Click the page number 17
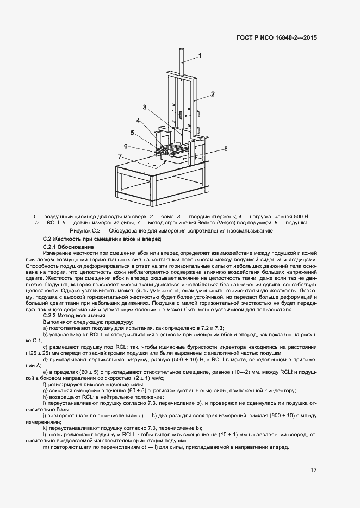point(313,470)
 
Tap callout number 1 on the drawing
point(200,55)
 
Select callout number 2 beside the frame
point(213,94)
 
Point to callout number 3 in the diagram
point(145,107)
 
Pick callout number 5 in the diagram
point(132,133)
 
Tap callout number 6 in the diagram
point(126,146)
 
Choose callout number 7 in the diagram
point(120,157)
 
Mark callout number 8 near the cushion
point(225,148)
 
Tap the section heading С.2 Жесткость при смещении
point(102,240)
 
